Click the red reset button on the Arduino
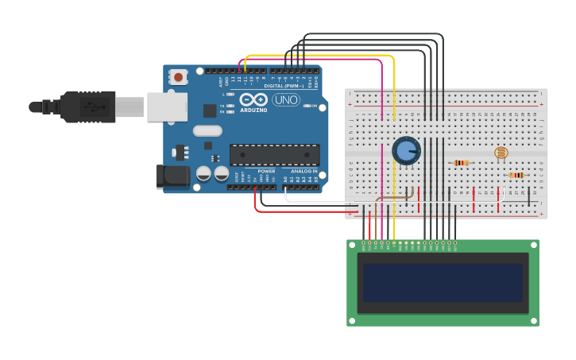click(x=179, y=77)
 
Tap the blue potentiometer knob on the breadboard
click(x=406, y=150)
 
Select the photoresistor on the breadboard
click(x=501, y=153)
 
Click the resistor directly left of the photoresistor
click(x=461, y=163)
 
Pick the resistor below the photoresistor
click(x=516, y=175)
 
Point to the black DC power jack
click(x=173, y=176)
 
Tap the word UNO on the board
click(x=286, y=100)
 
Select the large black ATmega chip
click(x=275, y=155)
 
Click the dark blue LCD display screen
click(x=443, y=282)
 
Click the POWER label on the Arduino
click(x=266, y=171)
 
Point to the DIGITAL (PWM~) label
click(x=288, y=86)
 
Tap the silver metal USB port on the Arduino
click(x=167, y=106)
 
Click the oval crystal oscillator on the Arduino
click(x=207, y=130)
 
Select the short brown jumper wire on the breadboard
click(x=394, y=197)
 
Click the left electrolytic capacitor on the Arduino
click(x=203, y=172)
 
